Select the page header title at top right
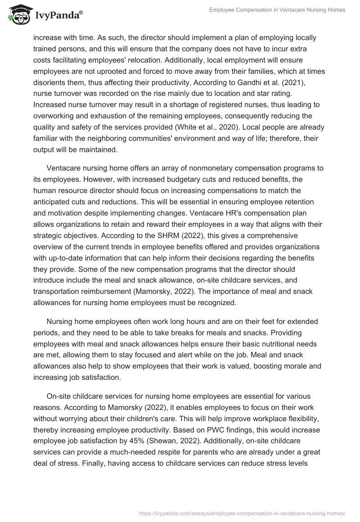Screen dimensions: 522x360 (x=277, y=10)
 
